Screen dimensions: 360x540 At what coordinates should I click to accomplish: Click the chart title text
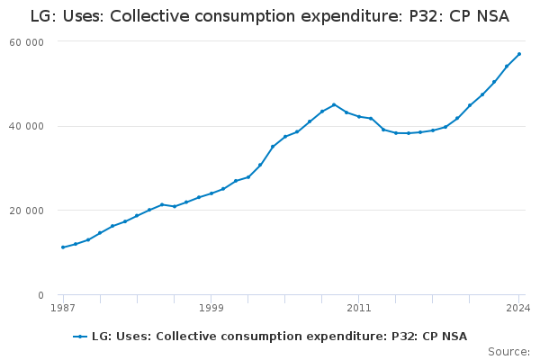tap(269, 15)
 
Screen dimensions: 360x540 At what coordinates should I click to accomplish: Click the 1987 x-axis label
tap(62, 308)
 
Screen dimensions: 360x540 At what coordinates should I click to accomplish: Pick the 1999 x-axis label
tap(211, 308)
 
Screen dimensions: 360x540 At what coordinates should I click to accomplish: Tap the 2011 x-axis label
tap(358, 308)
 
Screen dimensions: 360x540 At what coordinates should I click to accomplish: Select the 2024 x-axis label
tap(518, 308)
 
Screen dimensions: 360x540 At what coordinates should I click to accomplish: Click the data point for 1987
tap(62, 247)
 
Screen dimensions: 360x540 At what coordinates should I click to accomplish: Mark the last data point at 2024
tap(519, 54)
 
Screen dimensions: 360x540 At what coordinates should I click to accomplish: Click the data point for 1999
tap(211, 193)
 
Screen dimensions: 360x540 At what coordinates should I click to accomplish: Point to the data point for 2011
tap(359, 116)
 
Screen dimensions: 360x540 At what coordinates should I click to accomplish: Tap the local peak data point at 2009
tap(334, 104)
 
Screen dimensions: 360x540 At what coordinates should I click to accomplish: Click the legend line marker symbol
tap(80, 337)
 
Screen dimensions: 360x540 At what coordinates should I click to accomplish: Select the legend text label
tap(279, 337)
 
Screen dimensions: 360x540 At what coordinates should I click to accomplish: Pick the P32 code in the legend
tap(401, 337)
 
